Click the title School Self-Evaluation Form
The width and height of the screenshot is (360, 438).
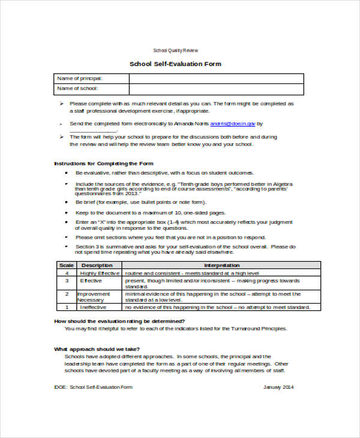[x=175, y=64]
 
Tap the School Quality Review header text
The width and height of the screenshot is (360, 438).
[x=175, y=50]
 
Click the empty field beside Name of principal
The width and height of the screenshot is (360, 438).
[x=216, y=79]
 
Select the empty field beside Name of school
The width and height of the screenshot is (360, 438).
[x=216, y=89]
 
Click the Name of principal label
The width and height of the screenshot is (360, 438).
[x=79, y=79]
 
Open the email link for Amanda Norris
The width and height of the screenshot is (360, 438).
[x=233, y=123]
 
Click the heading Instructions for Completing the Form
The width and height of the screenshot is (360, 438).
[x=104, y=163]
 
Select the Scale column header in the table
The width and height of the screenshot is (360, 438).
[x=65, y=265]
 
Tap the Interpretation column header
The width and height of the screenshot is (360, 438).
[x=221, y=265]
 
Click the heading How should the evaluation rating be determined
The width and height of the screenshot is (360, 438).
[x=119, y=322]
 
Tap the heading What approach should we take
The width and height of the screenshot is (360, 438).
[x=97, y=349]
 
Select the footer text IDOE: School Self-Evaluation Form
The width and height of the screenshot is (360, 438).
[x=93, y=387]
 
